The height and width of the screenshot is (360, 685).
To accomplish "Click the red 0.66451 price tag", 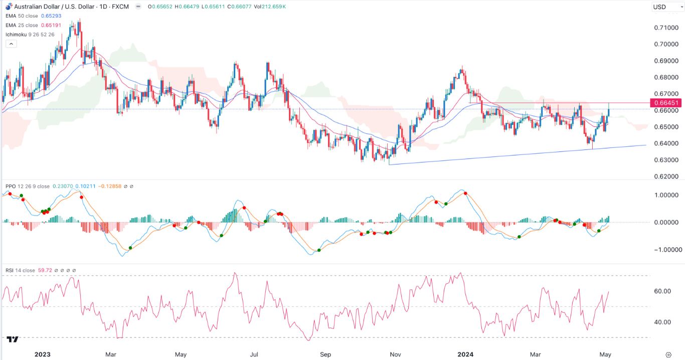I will (665, 103).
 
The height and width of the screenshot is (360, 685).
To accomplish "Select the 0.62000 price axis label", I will (665, 176).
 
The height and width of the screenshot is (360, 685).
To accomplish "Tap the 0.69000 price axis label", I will (665, 61).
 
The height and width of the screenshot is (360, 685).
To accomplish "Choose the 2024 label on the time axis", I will (466, 354).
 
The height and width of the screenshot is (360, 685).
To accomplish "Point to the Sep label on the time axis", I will (325, 354).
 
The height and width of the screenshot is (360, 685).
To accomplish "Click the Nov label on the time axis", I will (395, 354).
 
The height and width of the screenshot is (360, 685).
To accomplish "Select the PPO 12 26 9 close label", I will (28, 187).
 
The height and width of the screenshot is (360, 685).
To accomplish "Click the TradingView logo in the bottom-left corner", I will (14, 339).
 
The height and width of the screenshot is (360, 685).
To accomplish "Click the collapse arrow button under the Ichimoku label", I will (11, 44).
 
